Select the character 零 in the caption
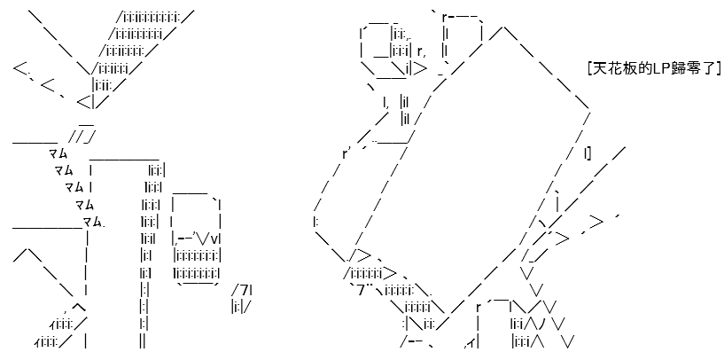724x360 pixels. pos(688,69)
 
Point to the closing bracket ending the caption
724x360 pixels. pos(718,69)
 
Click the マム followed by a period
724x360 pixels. pos(94,223)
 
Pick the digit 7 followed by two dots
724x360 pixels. pos(364,290)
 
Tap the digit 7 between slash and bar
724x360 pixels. pos(245,290)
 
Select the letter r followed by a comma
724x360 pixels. pos(420,51)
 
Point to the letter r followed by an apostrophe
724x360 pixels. pos(346,154)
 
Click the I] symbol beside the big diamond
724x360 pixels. pos(588,154)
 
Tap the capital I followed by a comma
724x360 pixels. pos(385,102)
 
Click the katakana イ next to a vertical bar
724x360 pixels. pos(470,342)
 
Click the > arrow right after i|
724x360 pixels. pos(420,69)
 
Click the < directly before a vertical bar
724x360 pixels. pos(83,102)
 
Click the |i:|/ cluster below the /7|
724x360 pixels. pos(242,307)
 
